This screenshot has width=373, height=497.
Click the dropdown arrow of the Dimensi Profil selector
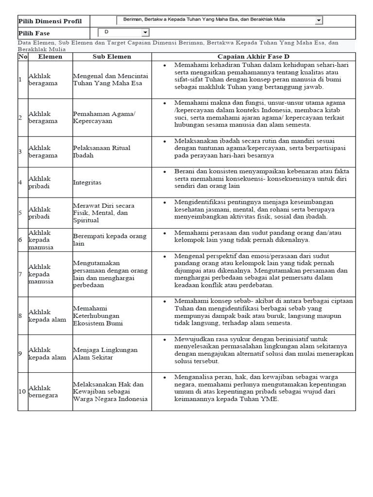click(319, 20)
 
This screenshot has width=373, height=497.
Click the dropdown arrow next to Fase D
click(145, 33)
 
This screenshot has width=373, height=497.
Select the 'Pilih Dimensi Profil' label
click(50, 21)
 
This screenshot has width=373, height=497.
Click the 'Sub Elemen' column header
click(112, 56)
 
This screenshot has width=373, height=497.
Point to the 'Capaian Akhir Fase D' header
click(253, 56)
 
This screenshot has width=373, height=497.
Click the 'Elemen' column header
click(50, 56)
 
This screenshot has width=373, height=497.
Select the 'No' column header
click(22, 56)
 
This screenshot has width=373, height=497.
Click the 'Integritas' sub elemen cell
click(87, 182)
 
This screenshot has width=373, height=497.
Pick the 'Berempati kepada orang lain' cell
click(109, 240)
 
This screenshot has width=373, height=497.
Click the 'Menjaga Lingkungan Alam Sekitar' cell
click(105, 353)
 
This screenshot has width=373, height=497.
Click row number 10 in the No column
click(22, 392)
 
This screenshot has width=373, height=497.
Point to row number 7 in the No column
click(20, 274)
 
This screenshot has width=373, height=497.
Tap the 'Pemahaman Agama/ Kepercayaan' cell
click(104, 117)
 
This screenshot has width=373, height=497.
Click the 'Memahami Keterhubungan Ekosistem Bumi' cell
click(98, 315)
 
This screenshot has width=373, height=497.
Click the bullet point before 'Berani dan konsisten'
click(165, 171)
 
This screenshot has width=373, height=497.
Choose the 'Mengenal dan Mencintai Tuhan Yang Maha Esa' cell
click(110, 80)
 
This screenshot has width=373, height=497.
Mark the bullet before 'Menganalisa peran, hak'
click(165, 377)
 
